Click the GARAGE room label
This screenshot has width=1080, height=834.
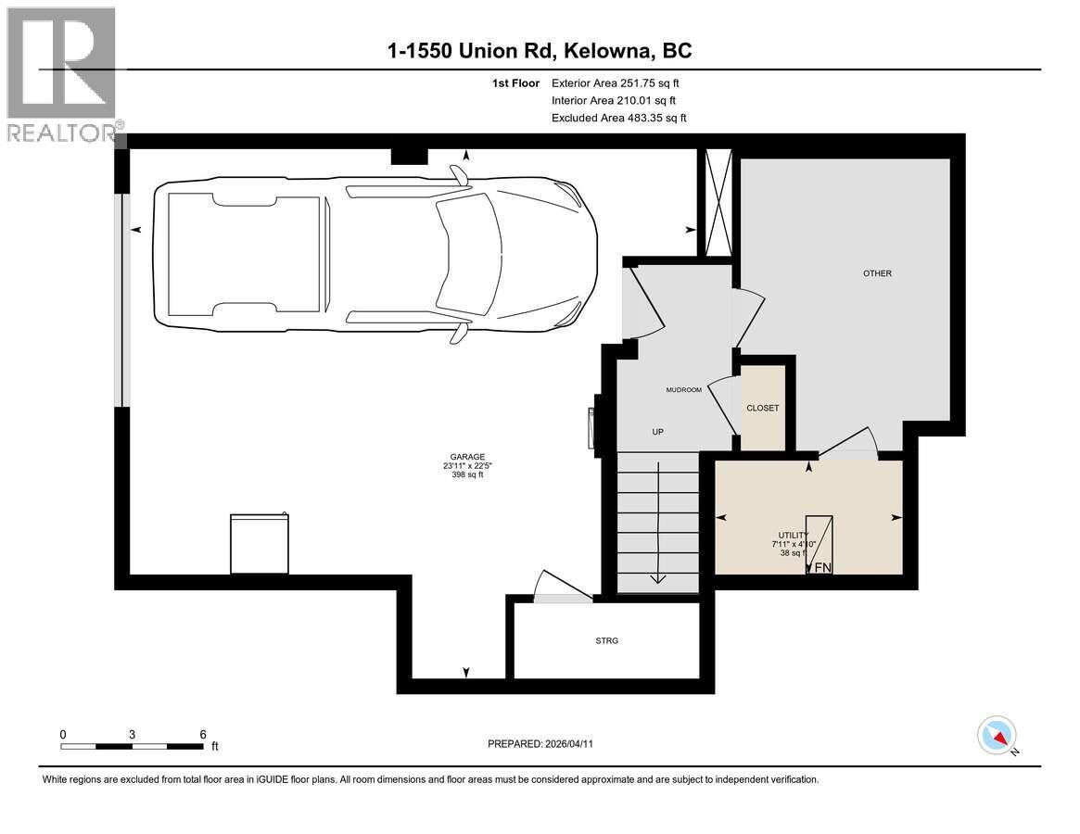point(468,457)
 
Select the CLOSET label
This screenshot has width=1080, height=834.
point(763,408)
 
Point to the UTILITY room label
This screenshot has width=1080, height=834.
point(794,536)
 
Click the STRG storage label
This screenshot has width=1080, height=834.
point(607,640)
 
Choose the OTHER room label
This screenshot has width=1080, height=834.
point(877,273)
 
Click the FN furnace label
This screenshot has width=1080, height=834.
point(822,567)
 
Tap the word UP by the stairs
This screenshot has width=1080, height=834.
point(657,432)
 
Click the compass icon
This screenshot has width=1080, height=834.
point(997,735)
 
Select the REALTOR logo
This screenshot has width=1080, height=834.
point(61,74)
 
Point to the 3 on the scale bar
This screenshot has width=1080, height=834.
point(133,734)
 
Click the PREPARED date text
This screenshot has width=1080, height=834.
point(547,743)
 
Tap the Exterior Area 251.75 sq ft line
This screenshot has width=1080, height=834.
point(621,83)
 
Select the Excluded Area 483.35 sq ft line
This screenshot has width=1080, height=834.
point(618,118)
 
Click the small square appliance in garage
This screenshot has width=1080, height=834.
point(258,544)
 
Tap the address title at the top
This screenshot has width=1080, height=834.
point(540,50)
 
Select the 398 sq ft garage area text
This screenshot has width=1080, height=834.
point(468,475)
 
